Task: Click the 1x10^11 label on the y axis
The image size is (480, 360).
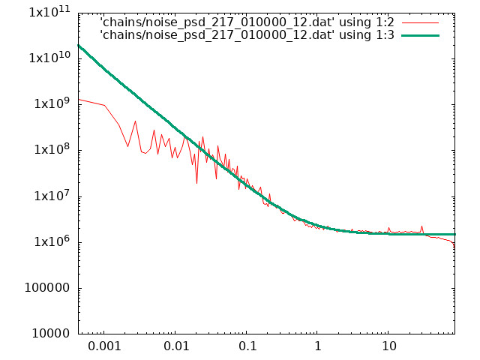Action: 49,12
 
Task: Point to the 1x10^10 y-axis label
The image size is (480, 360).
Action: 49,57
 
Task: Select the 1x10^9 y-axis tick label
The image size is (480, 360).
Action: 52,103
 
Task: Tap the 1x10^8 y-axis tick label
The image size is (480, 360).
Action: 52,149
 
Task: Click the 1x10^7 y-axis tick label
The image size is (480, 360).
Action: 52,196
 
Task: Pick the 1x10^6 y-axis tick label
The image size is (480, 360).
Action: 52,241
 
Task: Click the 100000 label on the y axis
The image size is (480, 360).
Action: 47,288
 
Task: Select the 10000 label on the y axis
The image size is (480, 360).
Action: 51,334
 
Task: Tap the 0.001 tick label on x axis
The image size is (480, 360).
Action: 104,346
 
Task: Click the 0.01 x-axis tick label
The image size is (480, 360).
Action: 176,346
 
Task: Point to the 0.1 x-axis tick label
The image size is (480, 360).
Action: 247,346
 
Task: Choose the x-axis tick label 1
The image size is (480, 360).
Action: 318,346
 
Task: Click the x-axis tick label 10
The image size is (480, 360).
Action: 388,346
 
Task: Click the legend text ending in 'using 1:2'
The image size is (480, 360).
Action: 247,22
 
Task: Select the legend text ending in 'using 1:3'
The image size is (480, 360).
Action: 247,35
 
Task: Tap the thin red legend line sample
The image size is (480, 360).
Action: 420,22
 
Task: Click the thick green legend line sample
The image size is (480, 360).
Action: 420,35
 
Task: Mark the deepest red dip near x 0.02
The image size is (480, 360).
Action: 196,183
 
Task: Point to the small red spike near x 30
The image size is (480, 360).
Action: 421,226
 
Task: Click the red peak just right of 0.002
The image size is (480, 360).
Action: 135,121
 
